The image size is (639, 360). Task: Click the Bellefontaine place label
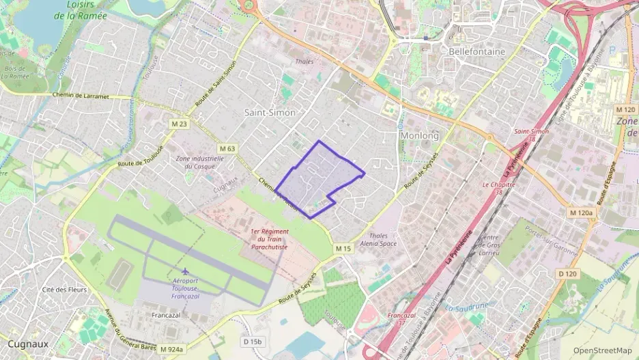coord(477,51)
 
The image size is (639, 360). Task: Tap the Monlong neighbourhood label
coord(419,136)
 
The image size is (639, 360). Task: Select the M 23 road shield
coord(180,124)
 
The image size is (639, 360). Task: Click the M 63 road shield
coord(227,148)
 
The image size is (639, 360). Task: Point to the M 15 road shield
coord(343,249)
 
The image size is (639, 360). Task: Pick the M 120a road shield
coord(582,213)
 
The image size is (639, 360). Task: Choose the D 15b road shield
coord(252,341)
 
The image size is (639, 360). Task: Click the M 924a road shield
coord(172,349)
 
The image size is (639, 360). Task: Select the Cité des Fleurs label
coord(64,290)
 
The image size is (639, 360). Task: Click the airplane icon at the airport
coord(186,272)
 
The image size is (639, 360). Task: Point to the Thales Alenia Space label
coord(378,239)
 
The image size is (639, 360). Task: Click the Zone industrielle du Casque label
coord(200,162)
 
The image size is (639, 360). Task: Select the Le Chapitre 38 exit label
coord(498,188)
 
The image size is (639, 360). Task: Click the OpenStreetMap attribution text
coord(602,350)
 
